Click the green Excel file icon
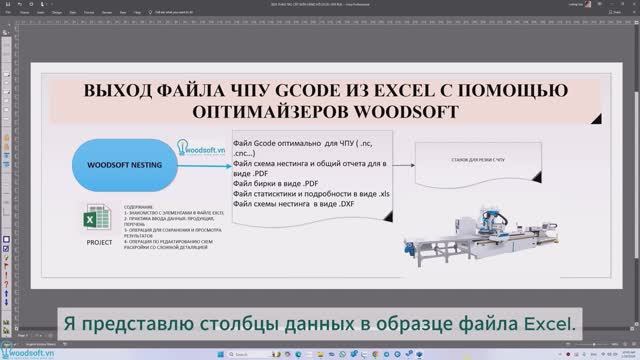point(98,215)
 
